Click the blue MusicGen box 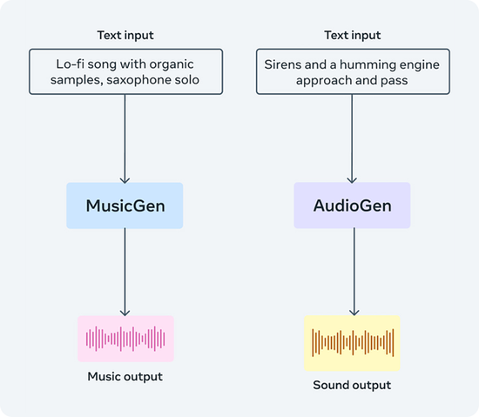(125, 205)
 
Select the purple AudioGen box (352, 205)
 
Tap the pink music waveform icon (125, 338)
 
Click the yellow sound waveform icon (352, 342)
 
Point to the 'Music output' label (125, 377)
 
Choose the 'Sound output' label (352, 385)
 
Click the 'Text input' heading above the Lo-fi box (125, 35)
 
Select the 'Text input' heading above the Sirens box (352, 35)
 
